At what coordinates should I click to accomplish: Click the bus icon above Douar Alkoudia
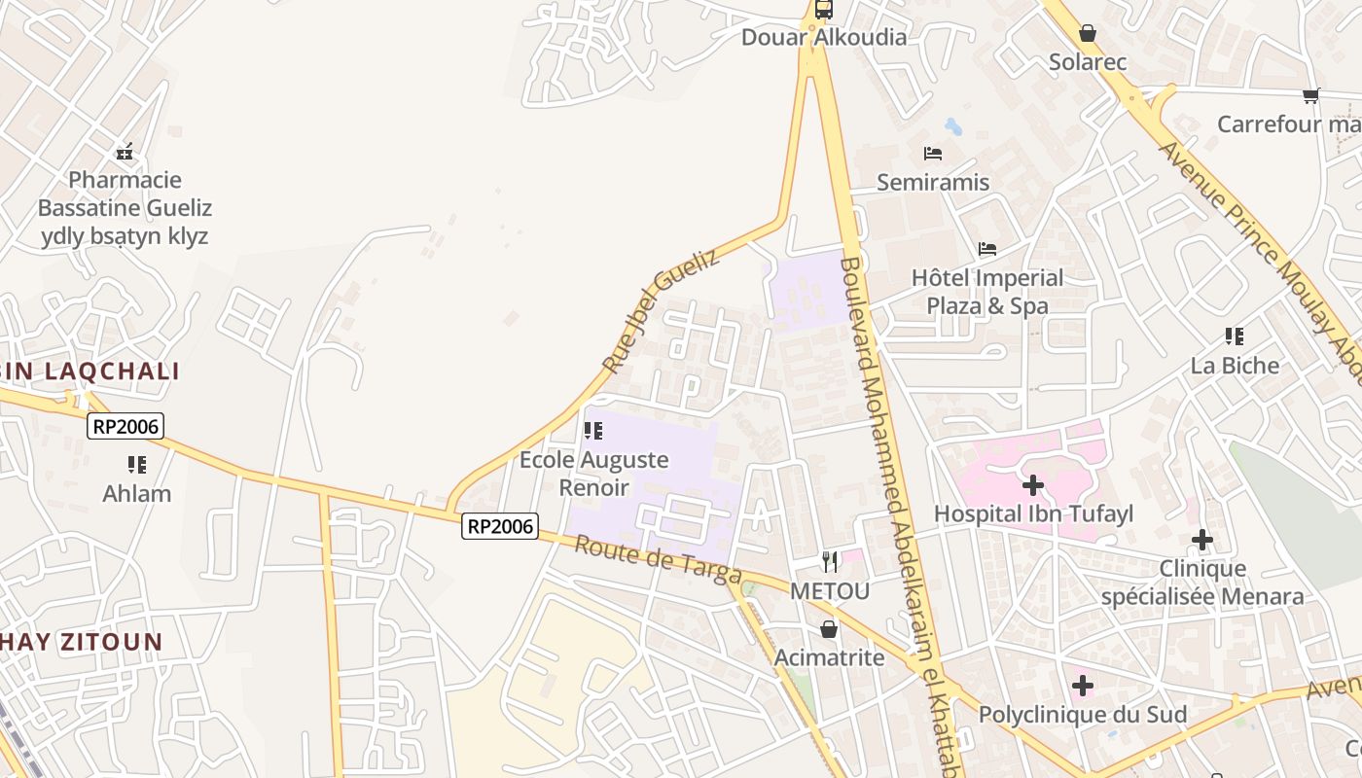pos(823,10)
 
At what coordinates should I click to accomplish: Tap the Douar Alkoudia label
pos(823,38)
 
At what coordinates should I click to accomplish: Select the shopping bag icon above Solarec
pos(1087,34)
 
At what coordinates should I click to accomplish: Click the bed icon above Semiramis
pos(932,154)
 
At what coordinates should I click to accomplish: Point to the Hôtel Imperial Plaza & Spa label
pos(987,292)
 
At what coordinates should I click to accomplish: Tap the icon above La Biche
pos(1235,337)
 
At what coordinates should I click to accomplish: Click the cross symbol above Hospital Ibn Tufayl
pos(1033,484)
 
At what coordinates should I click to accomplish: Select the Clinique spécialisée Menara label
pos(1202,583)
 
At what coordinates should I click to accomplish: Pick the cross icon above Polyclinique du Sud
pos(1082,687)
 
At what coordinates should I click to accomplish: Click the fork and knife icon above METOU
pos(829,561)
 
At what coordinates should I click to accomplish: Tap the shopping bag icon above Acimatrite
pos(829,629)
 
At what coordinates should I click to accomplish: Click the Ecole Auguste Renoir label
pos(593,473)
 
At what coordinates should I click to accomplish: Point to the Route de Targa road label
pos(658,559)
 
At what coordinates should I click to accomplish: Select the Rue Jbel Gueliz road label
pos(661,310)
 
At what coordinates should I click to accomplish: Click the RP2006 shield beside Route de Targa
pos(500,526)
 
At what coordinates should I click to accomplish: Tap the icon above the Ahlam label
pos(136,465)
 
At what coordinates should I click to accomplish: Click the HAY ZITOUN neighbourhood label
pos(82,642)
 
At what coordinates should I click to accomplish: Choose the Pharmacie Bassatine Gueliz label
pos(125,207)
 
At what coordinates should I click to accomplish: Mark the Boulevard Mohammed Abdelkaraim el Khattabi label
pos(900,515)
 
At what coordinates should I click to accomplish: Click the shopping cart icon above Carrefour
pos(1310,95)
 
